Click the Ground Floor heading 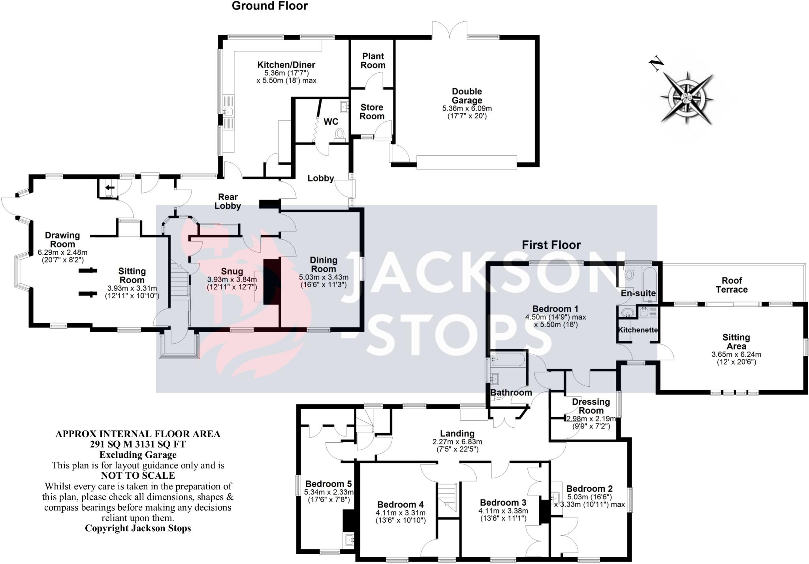[x=269, y=6]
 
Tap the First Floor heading [x=551, y=245]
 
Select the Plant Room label [x=373, y=60]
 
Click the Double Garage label [x=467, y=96]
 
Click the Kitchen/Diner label [x=286, y=65]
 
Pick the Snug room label [x=232, y=272]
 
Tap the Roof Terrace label [x=732, y=285]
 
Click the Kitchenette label [x=638, y=330]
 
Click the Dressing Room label [x=591, y=406]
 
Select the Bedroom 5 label [x=328, y=484]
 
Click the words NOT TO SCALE [x=138, y=476]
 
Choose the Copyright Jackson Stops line [x=138, y=528]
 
